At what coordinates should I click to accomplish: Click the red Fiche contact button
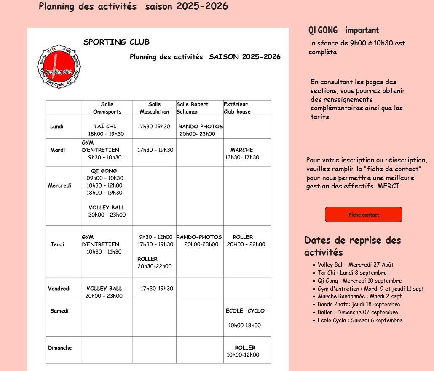coord(363,215)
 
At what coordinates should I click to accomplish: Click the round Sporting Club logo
coord(59,68)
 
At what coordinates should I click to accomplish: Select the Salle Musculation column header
coord(154,108)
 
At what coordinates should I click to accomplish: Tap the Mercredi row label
coord(59,185)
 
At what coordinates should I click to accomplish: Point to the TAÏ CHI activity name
coord(105,126)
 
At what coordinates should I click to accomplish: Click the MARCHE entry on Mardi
coord(241,150)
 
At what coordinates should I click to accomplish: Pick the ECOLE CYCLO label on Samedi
coord(245,311)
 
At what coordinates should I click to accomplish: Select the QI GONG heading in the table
coord(104,171)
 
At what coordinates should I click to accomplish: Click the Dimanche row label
coord(60,348)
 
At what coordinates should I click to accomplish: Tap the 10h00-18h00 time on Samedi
coord(244,325)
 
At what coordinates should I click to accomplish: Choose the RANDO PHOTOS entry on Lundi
coord(201,126)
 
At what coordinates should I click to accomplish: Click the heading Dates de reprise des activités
coord(352,246)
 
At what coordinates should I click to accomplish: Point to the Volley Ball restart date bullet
coord(355,265)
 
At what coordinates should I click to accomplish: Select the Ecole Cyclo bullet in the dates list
coord(359,321)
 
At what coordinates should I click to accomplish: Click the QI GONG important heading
coord(343,30)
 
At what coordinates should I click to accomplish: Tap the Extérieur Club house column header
coord(237,108)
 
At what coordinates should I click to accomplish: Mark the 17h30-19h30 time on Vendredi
coord(157,289)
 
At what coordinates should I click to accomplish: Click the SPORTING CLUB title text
coord(116,42)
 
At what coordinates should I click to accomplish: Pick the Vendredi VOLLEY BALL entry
coord(104,289)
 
